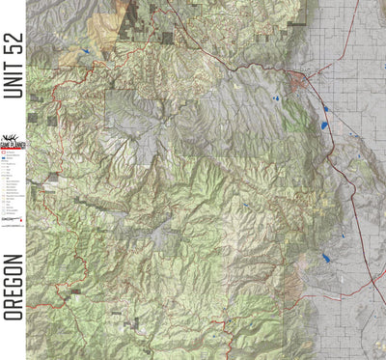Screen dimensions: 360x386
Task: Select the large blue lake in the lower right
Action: (329, 258)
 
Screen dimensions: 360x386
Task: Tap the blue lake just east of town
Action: (325, 108)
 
